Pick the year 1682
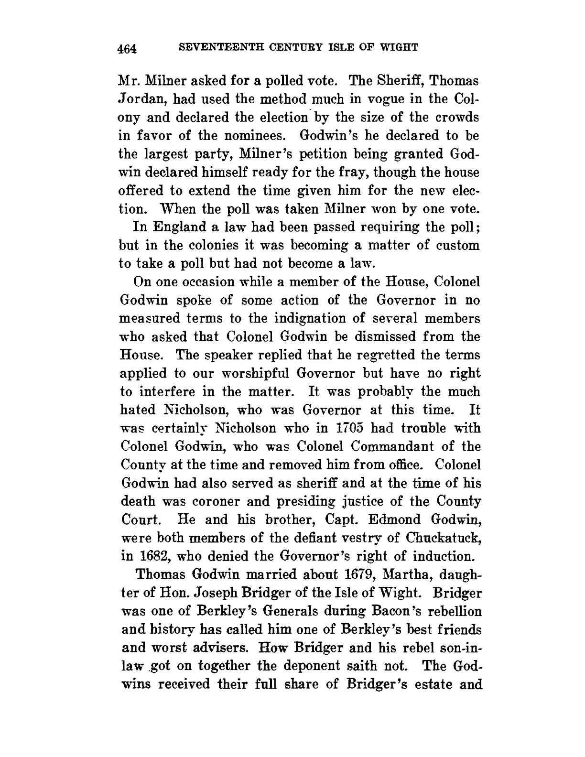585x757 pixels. pyautogui.click(x=151, y=556)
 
